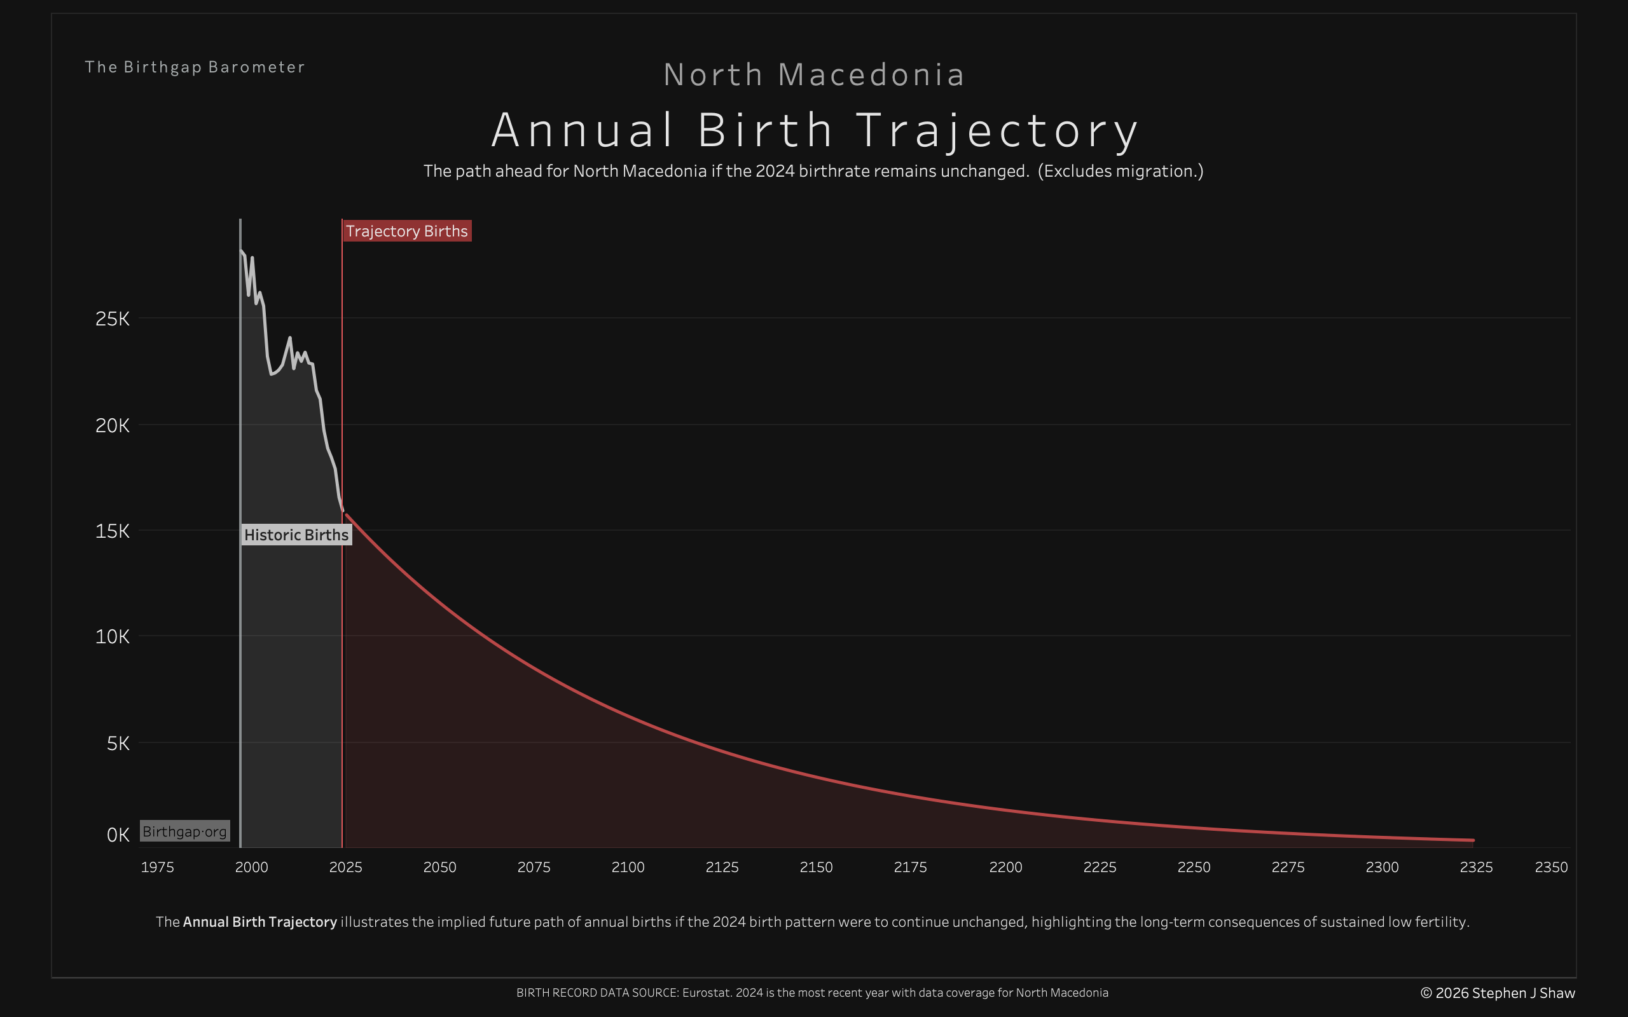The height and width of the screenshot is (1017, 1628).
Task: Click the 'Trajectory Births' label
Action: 406,231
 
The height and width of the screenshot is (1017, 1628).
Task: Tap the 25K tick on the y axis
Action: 113,319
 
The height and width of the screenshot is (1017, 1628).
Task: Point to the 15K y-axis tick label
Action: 113,531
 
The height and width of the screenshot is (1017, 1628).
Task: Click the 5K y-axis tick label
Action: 118,743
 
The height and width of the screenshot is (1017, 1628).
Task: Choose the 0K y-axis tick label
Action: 118,835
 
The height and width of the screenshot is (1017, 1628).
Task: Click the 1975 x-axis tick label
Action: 158,867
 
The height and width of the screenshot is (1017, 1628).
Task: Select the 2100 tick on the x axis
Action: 628,867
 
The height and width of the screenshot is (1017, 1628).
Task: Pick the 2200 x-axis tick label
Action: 1005,867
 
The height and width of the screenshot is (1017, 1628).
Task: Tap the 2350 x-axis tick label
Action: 1550,867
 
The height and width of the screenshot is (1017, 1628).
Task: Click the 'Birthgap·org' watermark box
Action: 185,831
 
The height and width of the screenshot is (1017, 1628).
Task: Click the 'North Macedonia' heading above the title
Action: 814,74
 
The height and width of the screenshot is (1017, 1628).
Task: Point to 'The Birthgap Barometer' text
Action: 195,67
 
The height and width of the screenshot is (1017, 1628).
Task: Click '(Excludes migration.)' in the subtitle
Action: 1120,171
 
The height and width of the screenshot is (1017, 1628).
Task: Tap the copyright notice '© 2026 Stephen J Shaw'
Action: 1498,993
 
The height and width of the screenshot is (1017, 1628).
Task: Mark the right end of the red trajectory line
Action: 1473,840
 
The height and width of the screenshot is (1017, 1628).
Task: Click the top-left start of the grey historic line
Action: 241,250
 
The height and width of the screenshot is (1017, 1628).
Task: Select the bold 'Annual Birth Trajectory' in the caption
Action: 259,922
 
